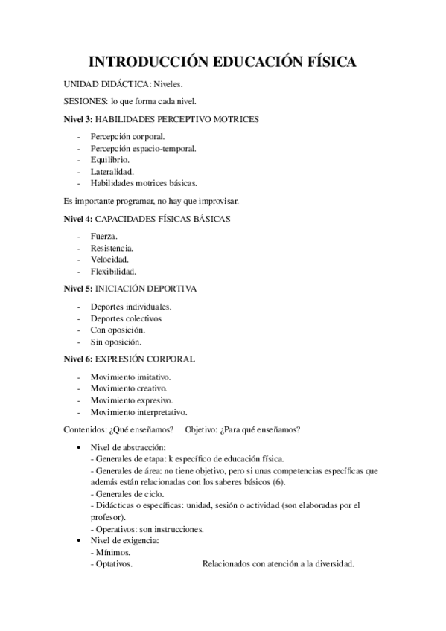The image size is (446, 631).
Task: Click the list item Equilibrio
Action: click(110, 159)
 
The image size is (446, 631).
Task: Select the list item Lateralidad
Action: click(112, 171)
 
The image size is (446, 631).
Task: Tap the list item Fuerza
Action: click(104, 236)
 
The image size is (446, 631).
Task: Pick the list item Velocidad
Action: click(109, 259)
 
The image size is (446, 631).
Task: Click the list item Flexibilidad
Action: click(113, 271)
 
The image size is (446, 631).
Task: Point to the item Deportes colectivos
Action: click(126, 318)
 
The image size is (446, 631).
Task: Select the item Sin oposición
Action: click(115, 342)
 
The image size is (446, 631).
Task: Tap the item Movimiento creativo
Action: click(129, 388)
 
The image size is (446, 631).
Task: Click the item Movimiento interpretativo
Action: click(138, 411)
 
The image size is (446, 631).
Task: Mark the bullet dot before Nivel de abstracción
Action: click(80, 446)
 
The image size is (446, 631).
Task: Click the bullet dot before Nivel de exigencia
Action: click(80, 540)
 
